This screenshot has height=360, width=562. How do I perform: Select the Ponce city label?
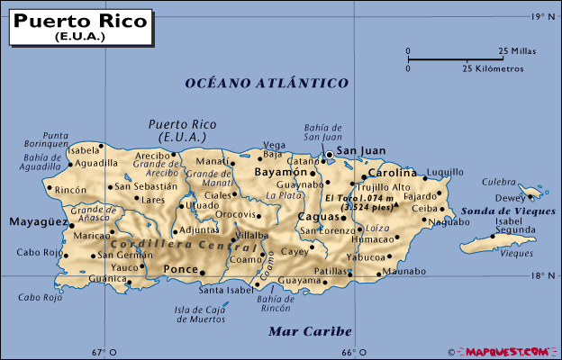click(179, 269)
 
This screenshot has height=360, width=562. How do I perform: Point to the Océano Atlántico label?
click(267, 83)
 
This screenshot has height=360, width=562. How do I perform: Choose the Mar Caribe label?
click(310, 331)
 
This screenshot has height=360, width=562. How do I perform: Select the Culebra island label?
click(498, 181)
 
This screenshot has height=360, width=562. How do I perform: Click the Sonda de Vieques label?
click(496, 211)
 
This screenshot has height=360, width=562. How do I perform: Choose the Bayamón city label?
click(279, 170)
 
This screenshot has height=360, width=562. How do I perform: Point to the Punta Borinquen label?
click(48, 139)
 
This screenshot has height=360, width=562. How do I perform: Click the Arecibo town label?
click(151, 156)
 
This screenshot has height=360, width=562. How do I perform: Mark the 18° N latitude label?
click(542, 275)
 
